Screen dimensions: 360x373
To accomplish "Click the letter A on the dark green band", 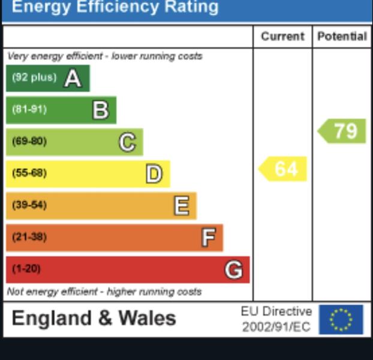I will (73, 78).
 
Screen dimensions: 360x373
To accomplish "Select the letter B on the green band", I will (100, 110).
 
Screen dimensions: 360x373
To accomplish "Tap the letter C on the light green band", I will (127, 142).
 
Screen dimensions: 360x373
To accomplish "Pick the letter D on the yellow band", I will (154, 174).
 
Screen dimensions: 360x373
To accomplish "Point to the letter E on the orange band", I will (181, 206).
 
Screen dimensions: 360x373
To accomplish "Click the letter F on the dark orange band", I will (207, 238).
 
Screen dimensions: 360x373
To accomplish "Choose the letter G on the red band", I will (234, 269).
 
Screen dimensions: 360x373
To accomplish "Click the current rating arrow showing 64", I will (283, 169).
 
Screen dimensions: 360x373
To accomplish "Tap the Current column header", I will (282, 37).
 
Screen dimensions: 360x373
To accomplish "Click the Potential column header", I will (342, 37).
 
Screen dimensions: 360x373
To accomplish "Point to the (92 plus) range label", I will (34, 77).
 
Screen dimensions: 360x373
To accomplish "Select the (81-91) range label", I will (29, 109).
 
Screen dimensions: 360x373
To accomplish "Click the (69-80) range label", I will (29, 142).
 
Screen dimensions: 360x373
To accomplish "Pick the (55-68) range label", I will (29, 173).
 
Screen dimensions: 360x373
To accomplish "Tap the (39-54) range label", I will (29, 205).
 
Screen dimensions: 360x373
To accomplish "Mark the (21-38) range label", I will (29, 237).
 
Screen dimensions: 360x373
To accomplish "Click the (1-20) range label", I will (26, 269).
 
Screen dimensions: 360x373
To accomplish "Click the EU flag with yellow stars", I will (341, 319).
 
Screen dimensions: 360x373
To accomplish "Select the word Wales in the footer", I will (147, 318).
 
